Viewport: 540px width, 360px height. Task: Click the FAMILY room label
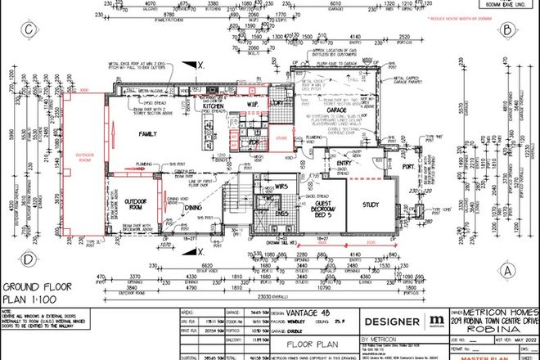point(149,133)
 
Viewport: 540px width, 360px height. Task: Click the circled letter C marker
point(29,31)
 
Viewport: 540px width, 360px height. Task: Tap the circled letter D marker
point(29,261)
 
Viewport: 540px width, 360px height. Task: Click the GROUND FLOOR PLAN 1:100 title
point(37,294)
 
